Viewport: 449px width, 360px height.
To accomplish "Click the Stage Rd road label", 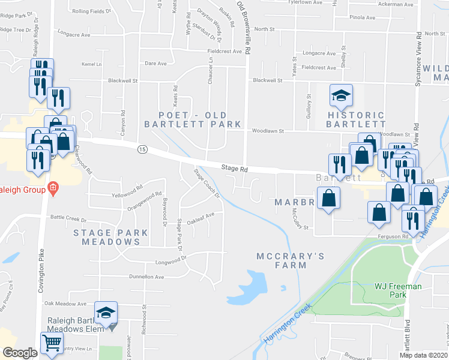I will [x=234, y=170].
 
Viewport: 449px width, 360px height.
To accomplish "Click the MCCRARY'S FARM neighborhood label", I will [x=291, y=260].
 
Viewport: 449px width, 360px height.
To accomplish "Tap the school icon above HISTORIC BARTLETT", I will [x=341, y=95].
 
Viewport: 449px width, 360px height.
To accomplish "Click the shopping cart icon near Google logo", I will [x=52, y=344].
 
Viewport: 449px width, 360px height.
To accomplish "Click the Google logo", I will [x=20, y=353].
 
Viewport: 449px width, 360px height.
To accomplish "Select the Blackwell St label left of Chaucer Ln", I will [x=123, y=80].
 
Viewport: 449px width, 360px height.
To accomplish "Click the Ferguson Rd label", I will [x=393, y=236].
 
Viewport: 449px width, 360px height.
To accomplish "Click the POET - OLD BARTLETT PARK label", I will [x=192, y=119].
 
